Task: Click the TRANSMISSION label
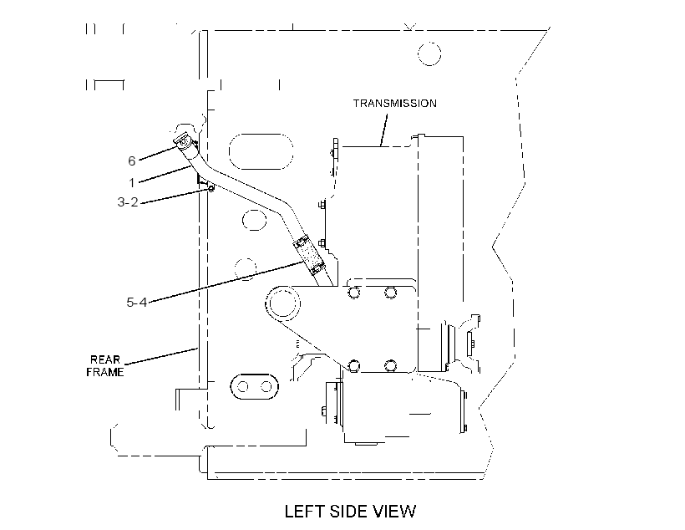(395, 103)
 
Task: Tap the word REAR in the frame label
(105, 359)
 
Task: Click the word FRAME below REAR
(105, 372)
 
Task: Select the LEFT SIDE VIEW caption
(350, 512)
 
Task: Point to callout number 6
(131, 161)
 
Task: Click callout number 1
(131, 182)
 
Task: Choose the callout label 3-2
(128, 202)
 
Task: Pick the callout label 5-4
(137, 302)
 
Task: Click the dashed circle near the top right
(429, 54)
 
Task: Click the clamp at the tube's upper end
(184, 142)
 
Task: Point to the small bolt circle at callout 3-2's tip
(211, 188)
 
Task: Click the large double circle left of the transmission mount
(283, 303)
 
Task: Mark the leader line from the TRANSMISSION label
(384, 130)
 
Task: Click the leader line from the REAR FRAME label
(160, 356)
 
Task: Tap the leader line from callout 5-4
(226, 281)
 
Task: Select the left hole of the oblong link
(243, 386)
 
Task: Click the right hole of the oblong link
(266, 386)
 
